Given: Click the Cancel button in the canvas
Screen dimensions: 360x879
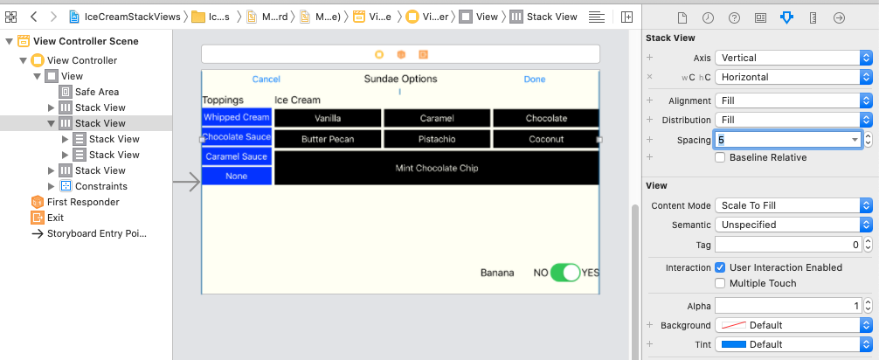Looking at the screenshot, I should (x=266, y=80).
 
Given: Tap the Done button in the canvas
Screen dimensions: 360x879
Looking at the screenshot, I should (x=534, y=80).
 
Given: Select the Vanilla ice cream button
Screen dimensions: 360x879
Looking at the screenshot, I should (x=328, y=118).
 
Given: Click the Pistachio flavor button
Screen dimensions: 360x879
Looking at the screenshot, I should (x=437, y=139).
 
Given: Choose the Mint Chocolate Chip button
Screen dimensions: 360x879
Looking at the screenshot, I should (x=437, y=168).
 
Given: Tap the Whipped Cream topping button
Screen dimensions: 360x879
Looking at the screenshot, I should (x=236, y=117).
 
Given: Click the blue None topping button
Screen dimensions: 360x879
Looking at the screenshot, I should (x=236, y=177).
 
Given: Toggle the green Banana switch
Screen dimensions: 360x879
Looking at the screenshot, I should (x=565, y=273).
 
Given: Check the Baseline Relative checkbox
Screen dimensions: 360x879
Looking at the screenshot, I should (x=720, y=157).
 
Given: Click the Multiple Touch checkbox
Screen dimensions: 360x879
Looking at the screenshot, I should (x=720, y=283).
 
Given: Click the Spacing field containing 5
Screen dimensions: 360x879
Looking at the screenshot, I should (x=786, y=140).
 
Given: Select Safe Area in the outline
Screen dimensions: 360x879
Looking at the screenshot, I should (x=96, y=92).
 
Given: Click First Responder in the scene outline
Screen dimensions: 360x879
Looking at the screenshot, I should (x=83, y=202).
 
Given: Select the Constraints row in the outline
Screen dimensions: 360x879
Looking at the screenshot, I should (x=100, y=186).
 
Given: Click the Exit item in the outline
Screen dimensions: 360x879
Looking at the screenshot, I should (x=55, y=218).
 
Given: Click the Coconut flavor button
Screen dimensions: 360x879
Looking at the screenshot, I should (x=546, y=139).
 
